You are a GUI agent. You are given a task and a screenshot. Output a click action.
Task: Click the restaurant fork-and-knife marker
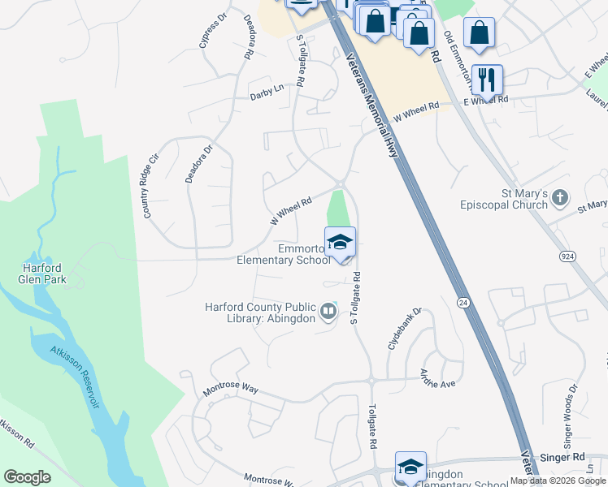[486, 80]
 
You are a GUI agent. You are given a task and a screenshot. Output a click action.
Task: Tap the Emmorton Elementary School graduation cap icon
[340, 241]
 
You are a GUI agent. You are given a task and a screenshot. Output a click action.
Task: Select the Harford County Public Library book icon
[328, 311]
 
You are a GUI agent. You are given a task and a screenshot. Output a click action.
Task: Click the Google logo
[27, 476]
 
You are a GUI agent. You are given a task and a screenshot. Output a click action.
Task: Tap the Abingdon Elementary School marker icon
[410, 468]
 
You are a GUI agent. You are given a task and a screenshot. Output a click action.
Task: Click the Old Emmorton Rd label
[458, 59]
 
